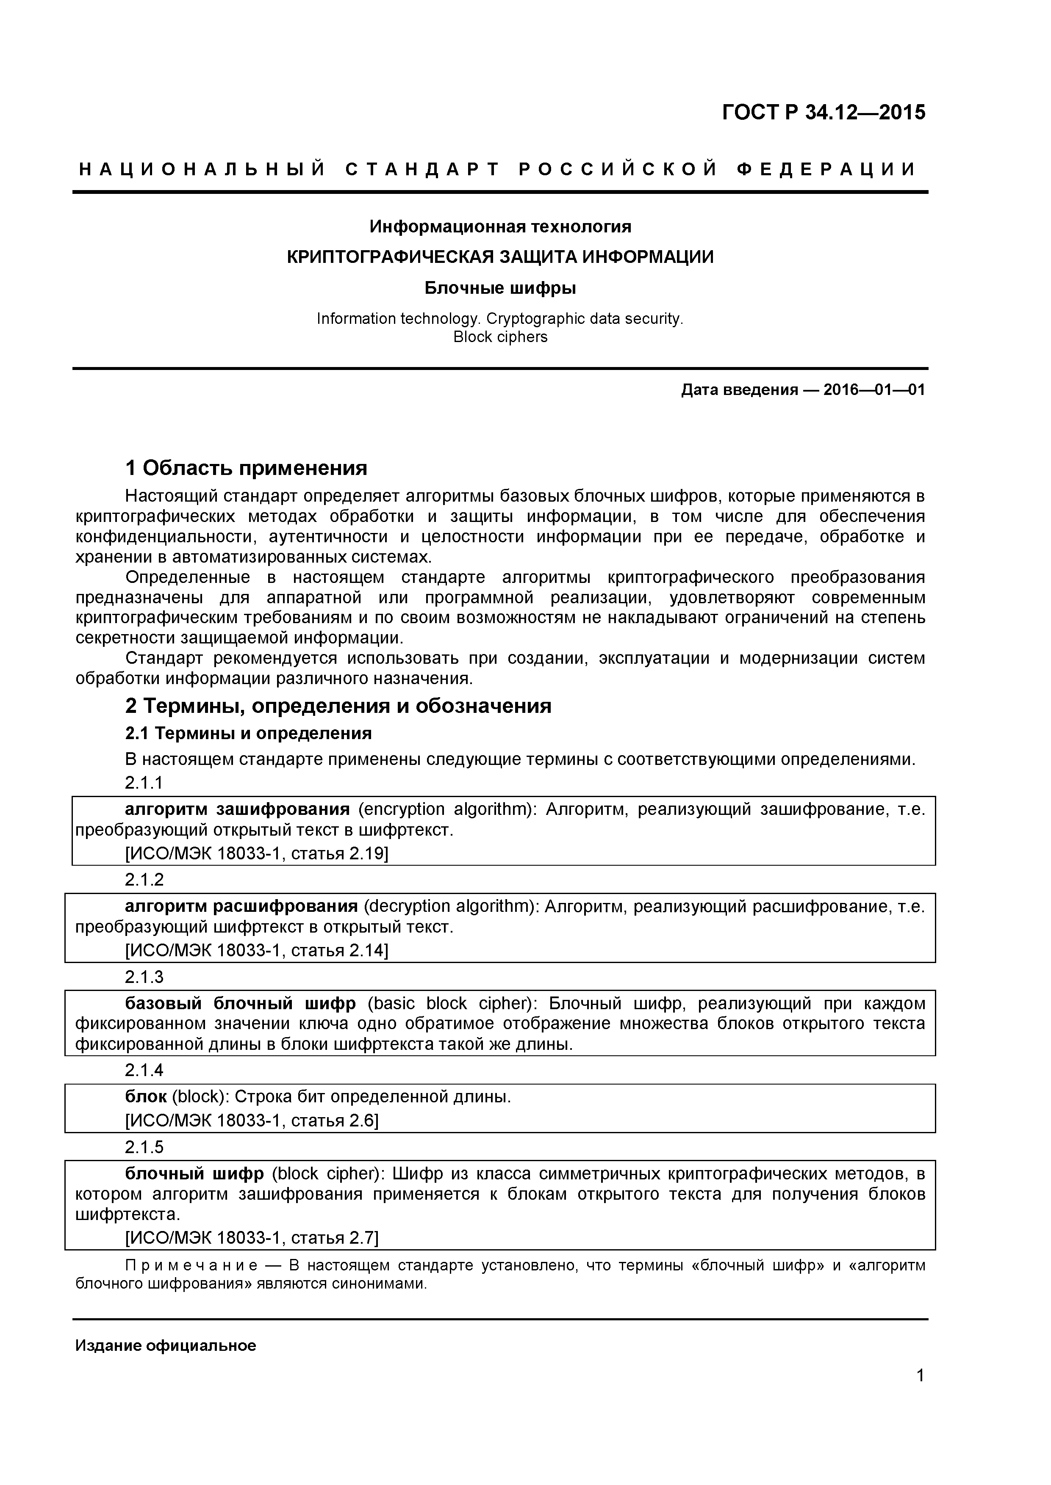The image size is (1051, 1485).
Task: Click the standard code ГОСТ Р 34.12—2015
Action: pos(823,113)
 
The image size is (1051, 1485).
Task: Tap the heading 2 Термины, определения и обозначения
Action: pos(338,706)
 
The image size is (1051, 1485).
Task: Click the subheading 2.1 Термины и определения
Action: pos(248,734)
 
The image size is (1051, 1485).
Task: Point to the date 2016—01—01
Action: pos(874,390)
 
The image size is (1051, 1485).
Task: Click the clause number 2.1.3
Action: pos(144,977)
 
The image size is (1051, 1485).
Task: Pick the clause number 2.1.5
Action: pos(144,1147)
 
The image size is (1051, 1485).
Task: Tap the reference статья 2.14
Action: pos(337,951)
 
